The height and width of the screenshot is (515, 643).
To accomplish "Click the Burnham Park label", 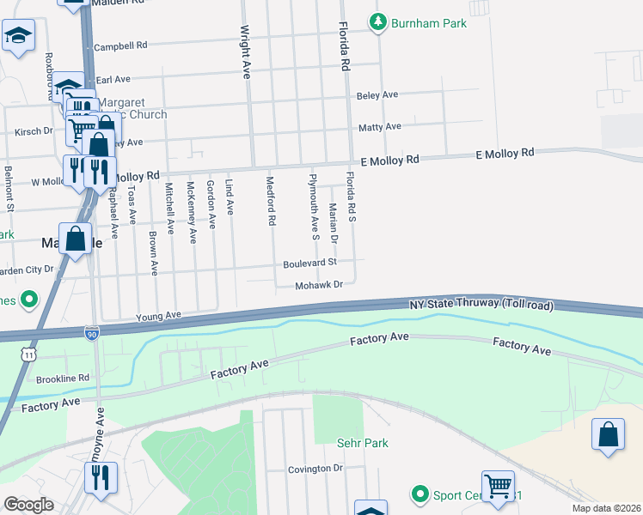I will (x=429, y=23).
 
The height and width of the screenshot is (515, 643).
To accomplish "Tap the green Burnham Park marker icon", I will (x=377, y=22).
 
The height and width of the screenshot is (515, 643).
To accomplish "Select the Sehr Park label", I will (x=362, y=443).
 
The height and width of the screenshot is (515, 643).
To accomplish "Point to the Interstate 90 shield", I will (x=92, y=331).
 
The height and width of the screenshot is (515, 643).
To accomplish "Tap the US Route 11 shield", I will (x=30, y=353).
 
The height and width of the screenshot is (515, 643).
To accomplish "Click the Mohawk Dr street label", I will (x=319, y=285).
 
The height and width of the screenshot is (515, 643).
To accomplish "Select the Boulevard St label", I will (x=309, y=263).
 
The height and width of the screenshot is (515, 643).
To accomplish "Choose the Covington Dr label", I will (x=315, y=469).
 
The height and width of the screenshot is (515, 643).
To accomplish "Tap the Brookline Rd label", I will (x=63, y=378).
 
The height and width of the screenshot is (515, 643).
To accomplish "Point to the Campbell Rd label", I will (x=121, y=45).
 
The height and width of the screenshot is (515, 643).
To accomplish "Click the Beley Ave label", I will (x=377, y=94).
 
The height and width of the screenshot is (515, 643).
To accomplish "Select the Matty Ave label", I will (x=380, y=126).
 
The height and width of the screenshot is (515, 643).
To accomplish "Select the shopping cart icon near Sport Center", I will (x=498, y=486).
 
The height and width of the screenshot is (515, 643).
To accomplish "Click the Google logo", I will (x=28, y=505).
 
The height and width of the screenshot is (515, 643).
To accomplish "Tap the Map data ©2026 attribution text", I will (x=606, y=508).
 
